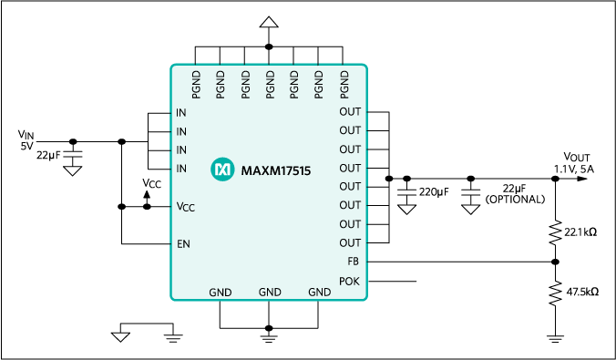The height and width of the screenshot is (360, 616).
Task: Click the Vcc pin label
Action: pyautogui.click(x=185, y=207)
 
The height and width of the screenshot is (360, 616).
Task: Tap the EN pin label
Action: pyautogui.click(x=183, y=244)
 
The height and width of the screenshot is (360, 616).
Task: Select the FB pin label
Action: pyautogui.click(x=354, y=262)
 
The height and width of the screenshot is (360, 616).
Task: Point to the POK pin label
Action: pyautogui.click(x=350, y=281)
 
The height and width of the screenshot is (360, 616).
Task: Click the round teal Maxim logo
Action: pyautogui.click(x=222, y=170)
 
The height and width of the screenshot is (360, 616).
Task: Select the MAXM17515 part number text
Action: pyautogui.click(x=276, y=170)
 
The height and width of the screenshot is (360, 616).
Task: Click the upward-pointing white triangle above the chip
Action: pyautogui.click(x=269, y=22)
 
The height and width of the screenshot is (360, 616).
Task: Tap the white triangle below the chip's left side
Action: pyautogui.click(x=120, y=337)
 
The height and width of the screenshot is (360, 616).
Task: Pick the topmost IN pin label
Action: pyautogui.click(x=181, y=113)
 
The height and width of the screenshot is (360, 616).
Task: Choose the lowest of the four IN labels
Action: pyautogui.click(x=181, y=169)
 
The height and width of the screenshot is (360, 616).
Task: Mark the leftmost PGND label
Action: pyautogui.click(x=197, y=84)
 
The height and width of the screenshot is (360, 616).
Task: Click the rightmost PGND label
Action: pyautogui.click(x=344, y=84)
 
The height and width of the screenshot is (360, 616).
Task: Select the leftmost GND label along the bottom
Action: pyautogui.click(x=221, y=293)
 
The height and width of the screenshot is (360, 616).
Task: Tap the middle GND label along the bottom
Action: pyautogui.click(x=270, y=293)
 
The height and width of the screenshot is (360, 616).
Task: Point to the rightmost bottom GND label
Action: pyautogui.click(x=319, y=293)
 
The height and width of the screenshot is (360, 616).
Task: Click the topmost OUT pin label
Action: pyautogui.click(x=350, y=112)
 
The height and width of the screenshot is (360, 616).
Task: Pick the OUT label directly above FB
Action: pyautogui.click(x=350, y=243)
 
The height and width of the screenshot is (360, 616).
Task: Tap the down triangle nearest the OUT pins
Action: pyautogui.click(x=407, y=210)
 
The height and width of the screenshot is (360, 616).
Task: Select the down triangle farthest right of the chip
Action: pyautogui.click(x=470, y=210)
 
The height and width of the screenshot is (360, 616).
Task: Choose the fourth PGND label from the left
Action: pyautogui.click(x=270, y=84)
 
